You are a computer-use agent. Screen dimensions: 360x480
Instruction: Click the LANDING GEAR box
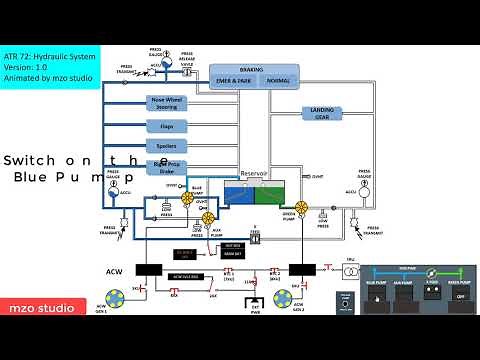click(x=322, y=113)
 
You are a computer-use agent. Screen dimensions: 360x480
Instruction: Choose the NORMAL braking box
click(x=280, y=80)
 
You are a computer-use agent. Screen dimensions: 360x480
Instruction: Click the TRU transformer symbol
click(x=351, y=270)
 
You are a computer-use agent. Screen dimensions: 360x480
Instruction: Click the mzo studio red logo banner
click(x=38, y=309)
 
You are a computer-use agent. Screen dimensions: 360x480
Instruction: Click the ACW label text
click(x=113, y=271)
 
